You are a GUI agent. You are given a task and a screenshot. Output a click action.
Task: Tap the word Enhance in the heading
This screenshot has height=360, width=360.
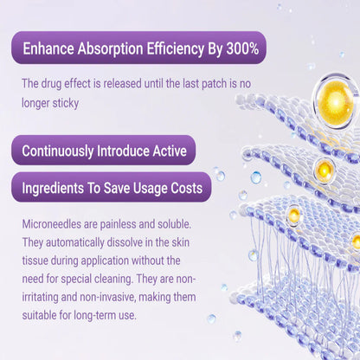(x=49, y=48)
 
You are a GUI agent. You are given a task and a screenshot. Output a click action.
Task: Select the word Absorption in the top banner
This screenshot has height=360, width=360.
(x=115, y=48)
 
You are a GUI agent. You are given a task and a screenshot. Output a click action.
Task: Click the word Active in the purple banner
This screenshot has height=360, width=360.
(x=165, y=151)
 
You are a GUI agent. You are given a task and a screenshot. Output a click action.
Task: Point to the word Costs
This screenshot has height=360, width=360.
(x=183, y=188)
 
